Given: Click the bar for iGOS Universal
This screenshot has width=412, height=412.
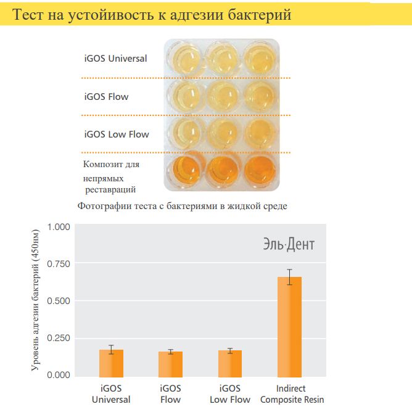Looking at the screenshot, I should pyautogui.click(x=111, y=363).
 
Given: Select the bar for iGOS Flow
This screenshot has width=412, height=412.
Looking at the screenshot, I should pyautogui.click(x=170, y=364).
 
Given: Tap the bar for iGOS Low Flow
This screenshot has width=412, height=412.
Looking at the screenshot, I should pyautogui.click(x=229, y=364).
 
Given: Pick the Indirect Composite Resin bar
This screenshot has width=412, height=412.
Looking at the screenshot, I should pyautogui.click(x=289, y=327).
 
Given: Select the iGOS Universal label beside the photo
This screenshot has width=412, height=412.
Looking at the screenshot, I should pyautogui.click(x=115, y=59).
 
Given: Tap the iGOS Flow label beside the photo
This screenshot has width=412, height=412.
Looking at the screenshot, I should pyautogui.click(x=106, y=97).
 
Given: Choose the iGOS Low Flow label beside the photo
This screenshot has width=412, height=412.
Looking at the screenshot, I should pyautogui.click(x=116, y=134).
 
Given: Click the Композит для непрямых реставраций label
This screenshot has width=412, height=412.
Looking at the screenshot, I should pyautogui.click(x=111, y=177).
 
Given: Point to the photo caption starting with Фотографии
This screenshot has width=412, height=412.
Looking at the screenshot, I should pyautogui.click(x=182, y=206).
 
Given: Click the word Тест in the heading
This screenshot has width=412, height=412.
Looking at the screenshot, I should pyautogui.click(x=29, y=14).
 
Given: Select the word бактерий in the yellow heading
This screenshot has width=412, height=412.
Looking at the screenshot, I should pyautogui.click(x=260, y=14).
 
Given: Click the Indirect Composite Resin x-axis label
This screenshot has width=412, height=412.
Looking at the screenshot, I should pyautogui.click(x=292, y=393).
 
